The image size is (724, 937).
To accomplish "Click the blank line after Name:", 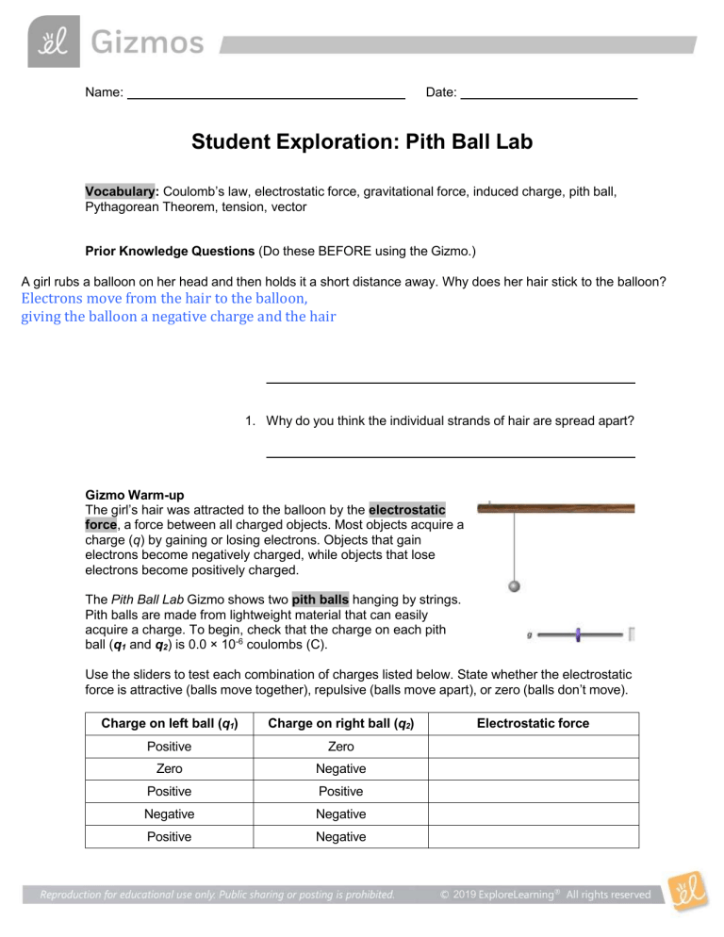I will [266, 94].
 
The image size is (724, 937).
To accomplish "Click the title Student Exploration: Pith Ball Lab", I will [362, 142].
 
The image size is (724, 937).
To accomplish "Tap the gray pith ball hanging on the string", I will [514, 585].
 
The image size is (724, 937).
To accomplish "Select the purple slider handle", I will [577, 635].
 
